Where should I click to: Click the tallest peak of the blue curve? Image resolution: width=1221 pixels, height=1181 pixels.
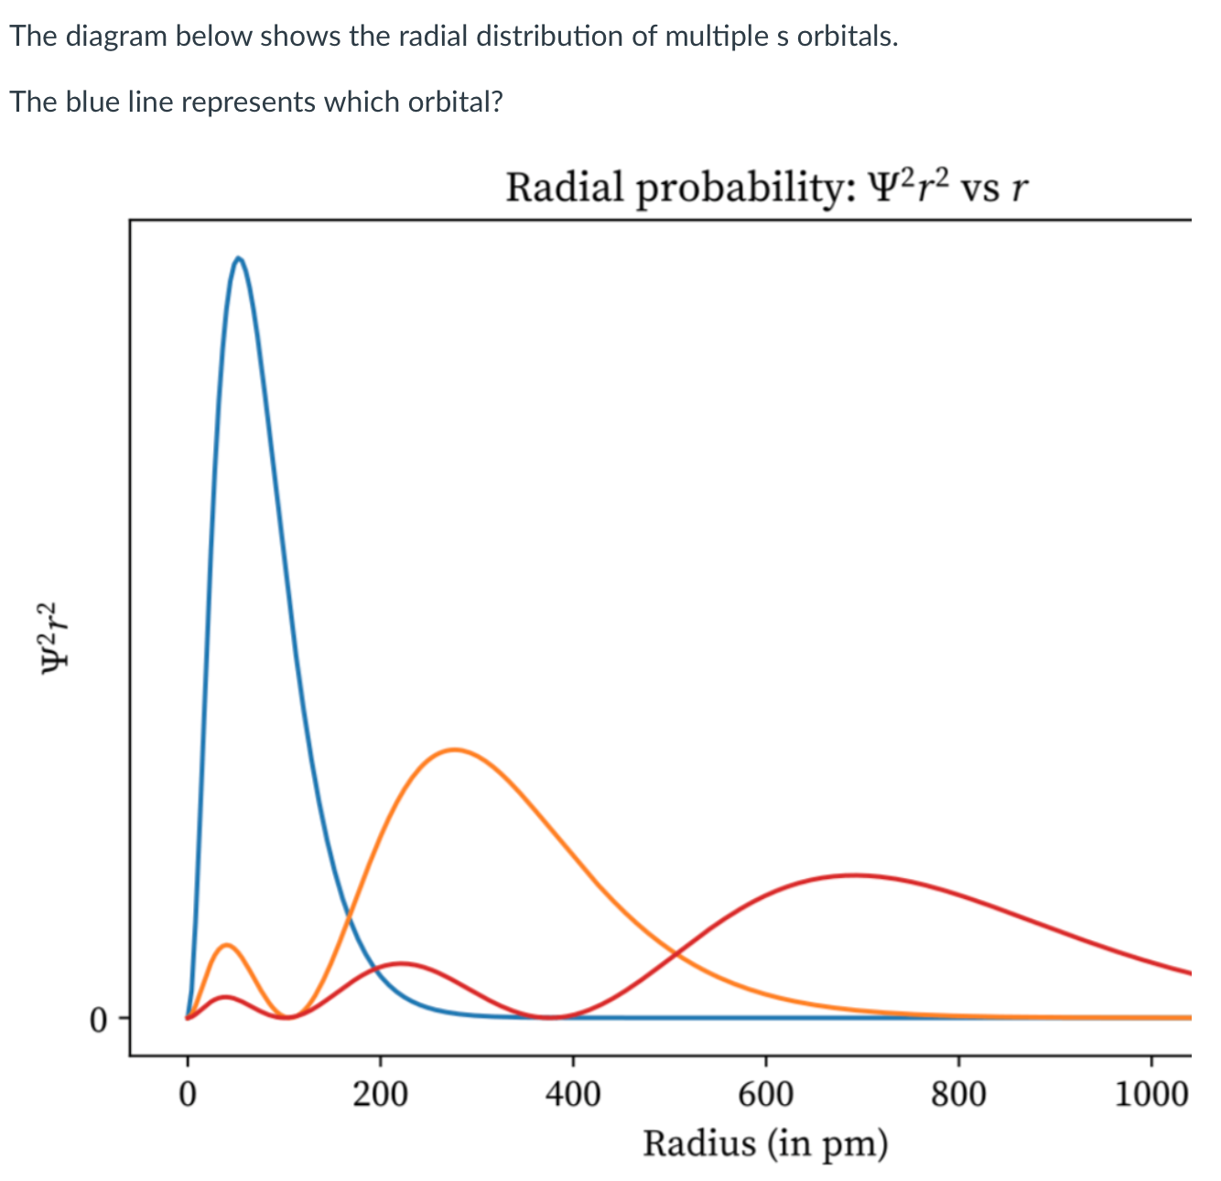point(239,258)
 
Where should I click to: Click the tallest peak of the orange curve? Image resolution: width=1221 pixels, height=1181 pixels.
point(454,750)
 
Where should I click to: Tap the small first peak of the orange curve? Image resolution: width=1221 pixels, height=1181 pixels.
point(225,945)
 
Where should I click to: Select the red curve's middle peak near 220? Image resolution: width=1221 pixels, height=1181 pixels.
point(400,963)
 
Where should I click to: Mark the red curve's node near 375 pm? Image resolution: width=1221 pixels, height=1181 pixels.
point(549,1016)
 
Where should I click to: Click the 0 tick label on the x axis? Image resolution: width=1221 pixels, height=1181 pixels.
point(188,1094)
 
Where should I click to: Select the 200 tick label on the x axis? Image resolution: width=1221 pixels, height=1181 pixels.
point(381,1094)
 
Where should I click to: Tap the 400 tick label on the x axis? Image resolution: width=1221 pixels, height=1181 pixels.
point(573,1094)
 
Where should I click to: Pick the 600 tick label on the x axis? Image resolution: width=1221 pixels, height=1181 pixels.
point(766,1094)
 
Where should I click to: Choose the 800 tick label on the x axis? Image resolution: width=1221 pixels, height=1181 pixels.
point(958,1094)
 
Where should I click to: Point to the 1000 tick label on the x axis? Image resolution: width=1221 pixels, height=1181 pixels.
point(1151,1094)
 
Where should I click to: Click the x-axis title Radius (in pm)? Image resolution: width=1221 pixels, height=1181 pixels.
point(765,1143)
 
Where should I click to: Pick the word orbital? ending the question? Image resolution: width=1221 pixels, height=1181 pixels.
point(455,101)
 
